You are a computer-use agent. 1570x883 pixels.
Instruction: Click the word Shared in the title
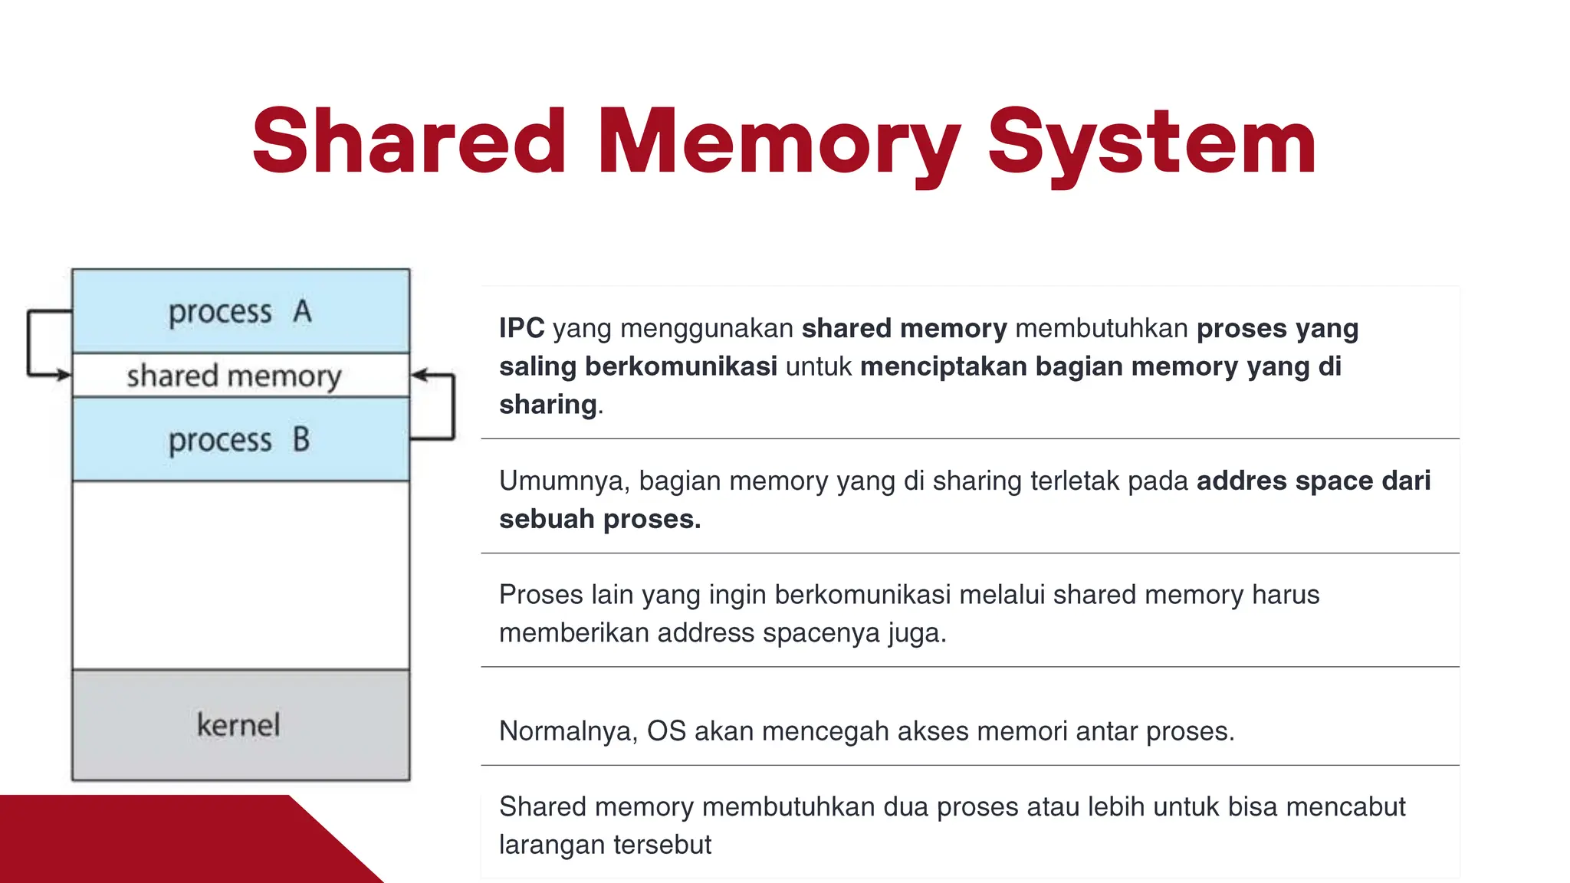409,143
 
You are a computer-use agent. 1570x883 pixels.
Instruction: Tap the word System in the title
1151,143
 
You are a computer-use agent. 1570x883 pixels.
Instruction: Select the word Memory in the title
778,143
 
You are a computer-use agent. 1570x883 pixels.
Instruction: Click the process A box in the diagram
241,311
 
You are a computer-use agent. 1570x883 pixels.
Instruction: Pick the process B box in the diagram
241,439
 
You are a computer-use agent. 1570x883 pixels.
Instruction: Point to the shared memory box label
234,376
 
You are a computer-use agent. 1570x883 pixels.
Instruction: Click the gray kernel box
241,725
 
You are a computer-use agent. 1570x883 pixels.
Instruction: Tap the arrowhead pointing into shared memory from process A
64,375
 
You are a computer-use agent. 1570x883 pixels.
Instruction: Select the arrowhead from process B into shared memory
419,375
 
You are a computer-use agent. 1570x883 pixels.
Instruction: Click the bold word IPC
521,328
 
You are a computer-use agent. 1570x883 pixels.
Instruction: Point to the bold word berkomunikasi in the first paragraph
681,366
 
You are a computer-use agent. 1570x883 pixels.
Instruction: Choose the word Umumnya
564,481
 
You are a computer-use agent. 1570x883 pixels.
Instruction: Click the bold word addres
1241,481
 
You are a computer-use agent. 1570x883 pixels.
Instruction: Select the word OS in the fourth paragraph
666,731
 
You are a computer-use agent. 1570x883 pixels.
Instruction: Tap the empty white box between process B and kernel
241,575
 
